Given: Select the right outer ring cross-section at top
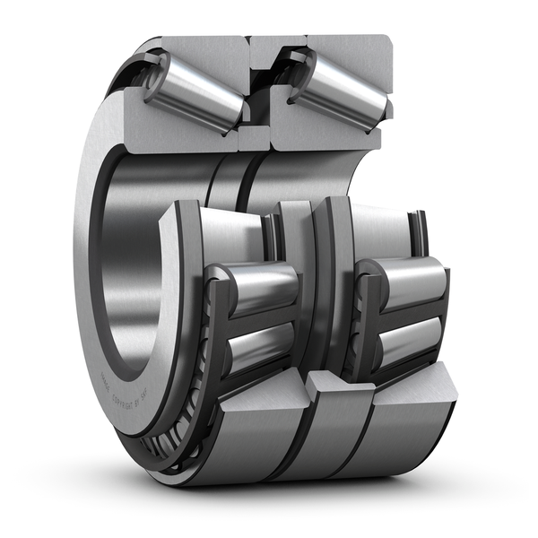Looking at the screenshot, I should [x=350, y=49].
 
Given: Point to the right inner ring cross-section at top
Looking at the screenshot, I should [x=318, y=134].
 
